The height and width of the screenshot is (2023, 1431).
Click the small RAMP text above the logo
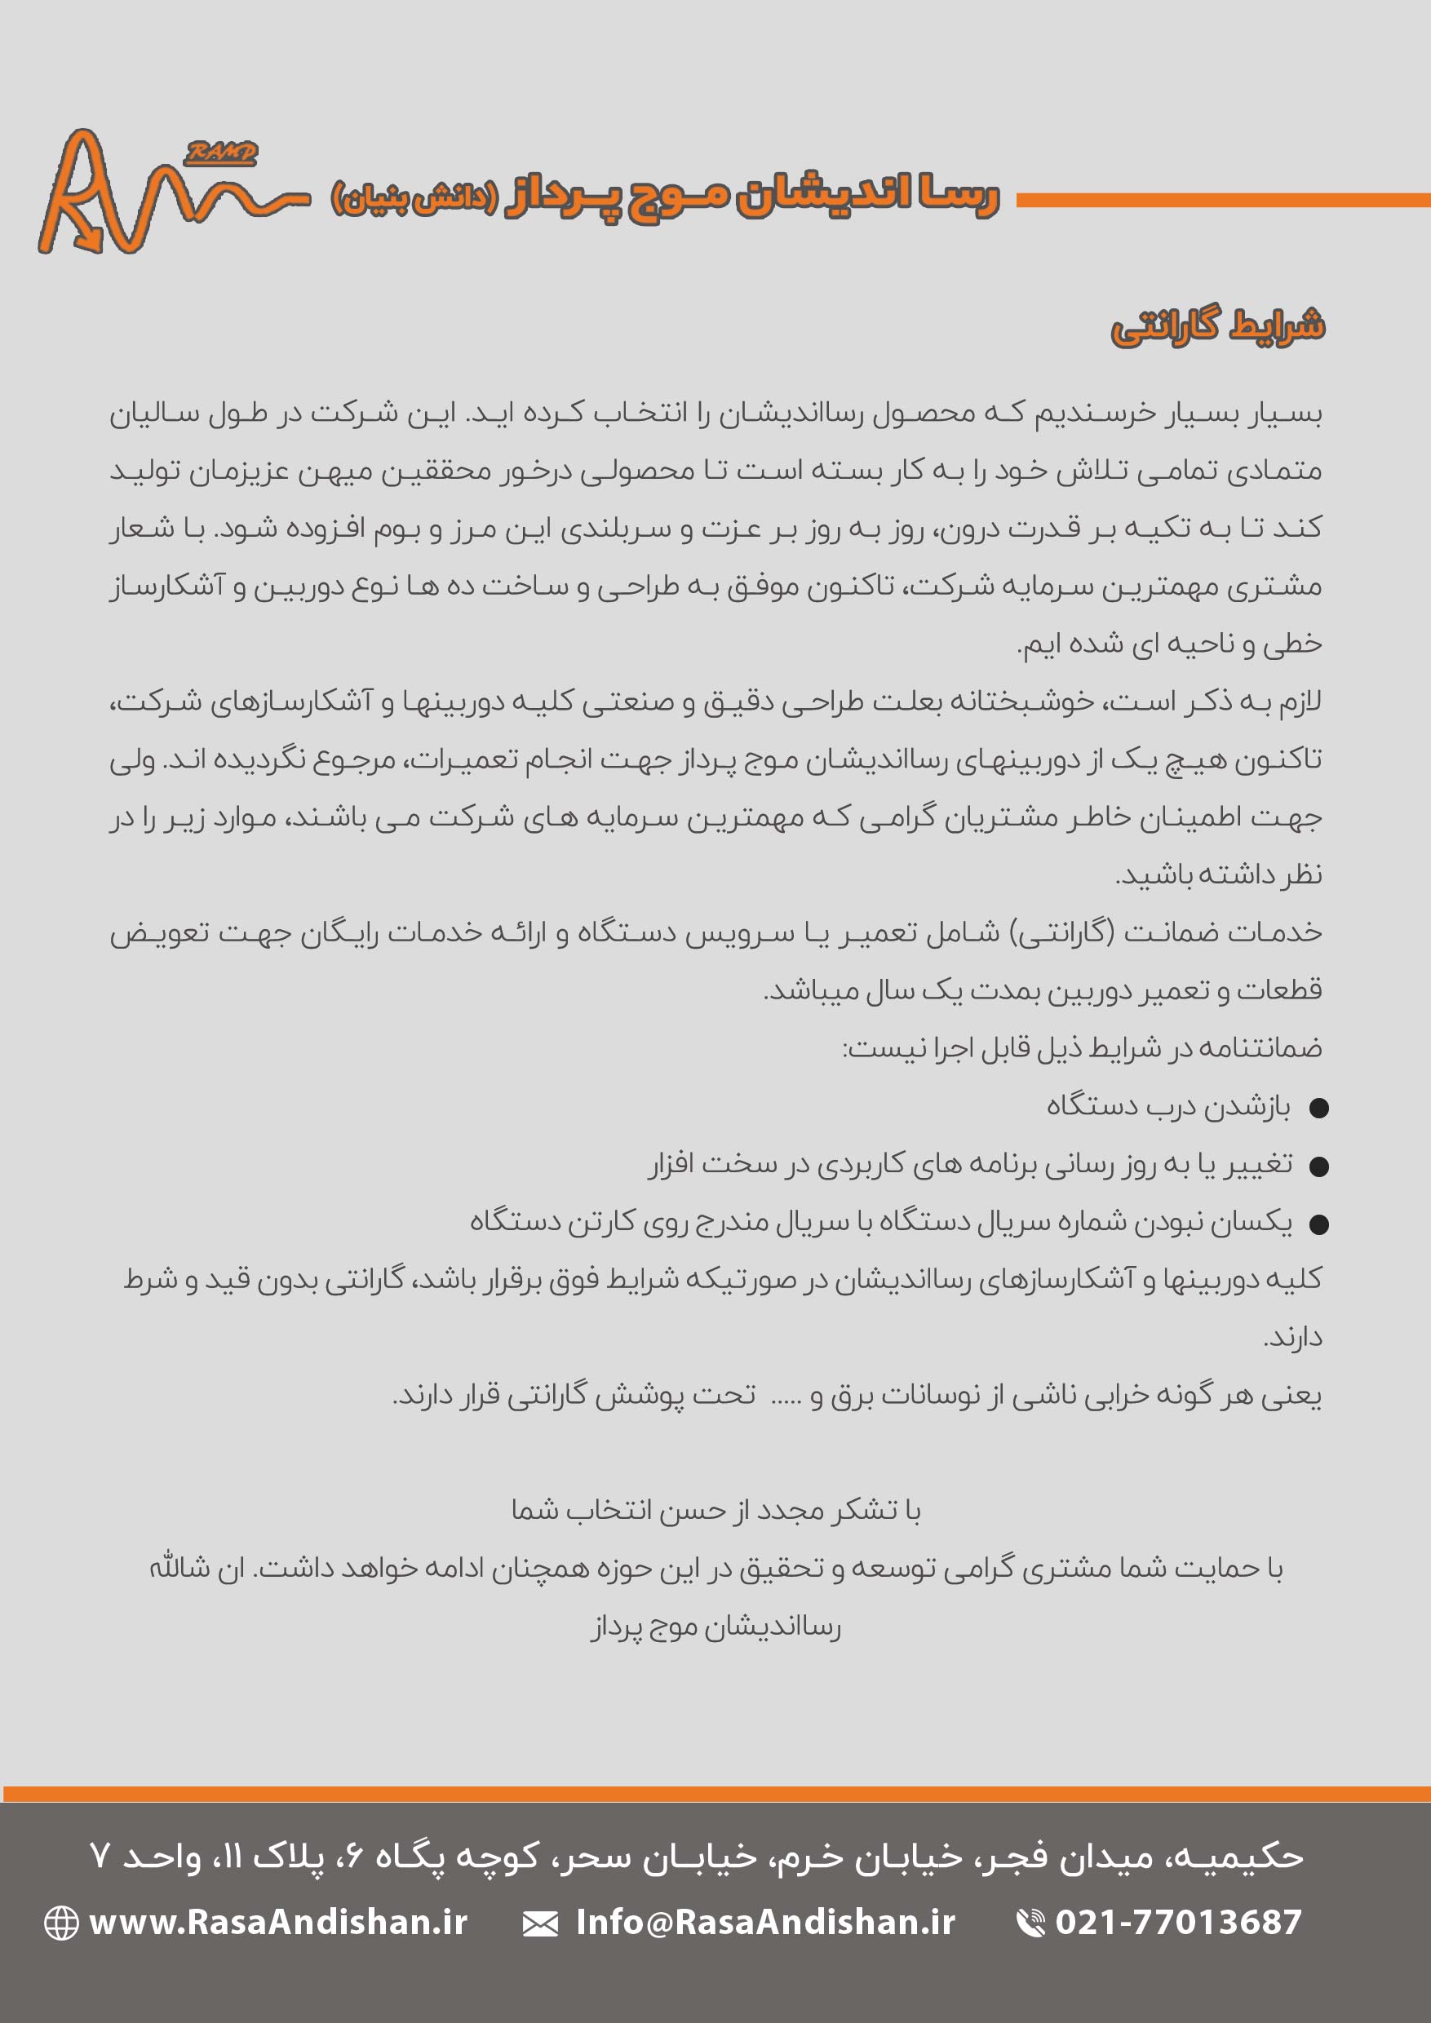[221, 154]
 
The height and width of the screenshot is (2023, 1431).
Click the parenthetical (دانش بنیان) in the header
[415, 197]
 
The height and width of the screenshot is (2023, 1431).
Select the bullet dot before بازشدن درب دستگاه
[1319, 1109]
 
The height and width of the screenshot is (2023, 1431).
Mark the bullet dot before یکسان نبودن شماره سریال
[1319, 1224]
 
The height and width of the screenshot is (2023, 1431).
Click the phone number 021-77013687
[1178, 1922]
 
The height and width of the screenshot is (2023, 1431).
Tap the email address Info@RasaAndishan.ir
[764, 1922]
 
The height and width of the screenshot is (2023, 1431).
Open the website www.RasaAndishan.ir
[278, 1922]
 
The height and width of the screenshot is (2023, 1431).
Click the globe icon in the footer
[62, 1923]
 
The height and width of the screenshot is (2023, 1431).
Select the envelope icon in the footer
[540, 1923]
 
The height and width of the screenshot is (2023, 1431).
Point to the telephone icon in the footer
[1030, 1923]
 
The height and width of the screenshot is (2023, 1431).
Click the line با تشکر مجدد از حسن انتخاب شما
[715, 1510]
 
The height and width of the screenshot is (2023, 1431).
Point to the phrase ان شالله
[196, 1569]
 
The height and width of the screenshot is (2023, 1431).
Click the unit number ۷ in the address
[100, 1857]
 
